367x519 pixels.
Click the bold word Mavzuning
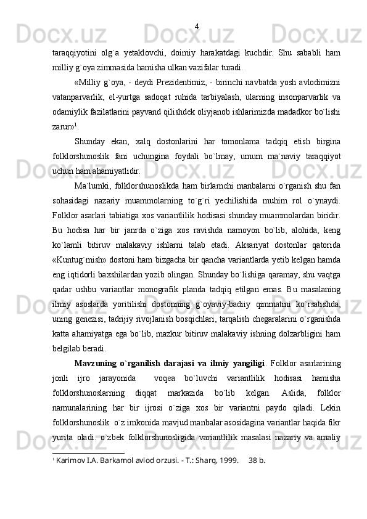pos(95,360)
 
